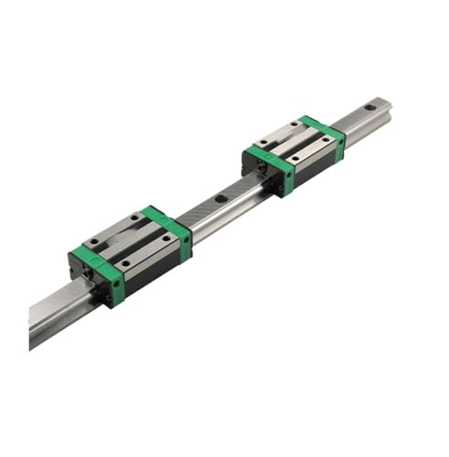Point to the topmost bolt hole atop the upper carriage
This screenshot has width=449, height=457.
tap(294, 124)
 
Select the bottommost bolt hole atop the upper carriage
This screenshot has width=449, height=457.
tap(294, 159)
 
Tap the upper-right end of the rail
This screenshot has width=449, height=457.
tap(384, 105)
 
